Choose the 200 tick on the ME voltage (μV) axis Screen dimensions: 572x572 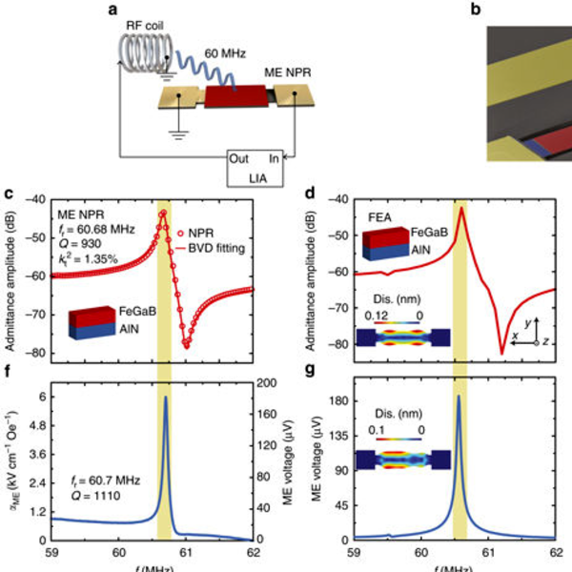click(x=268, y=381)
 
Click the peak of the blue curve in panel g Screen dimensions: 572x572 click(x=460, y=396)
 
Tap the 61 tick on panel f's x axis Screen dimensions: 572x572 click(x=185, y=552)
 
